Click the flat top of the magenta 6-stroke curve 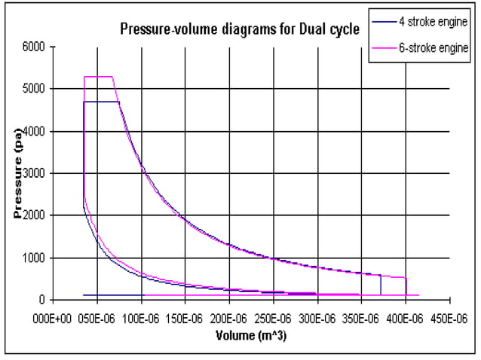pos(98,77)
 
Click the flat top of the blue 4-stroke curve pos(102,101)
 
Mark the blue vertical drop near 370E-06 pos(381,285)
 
